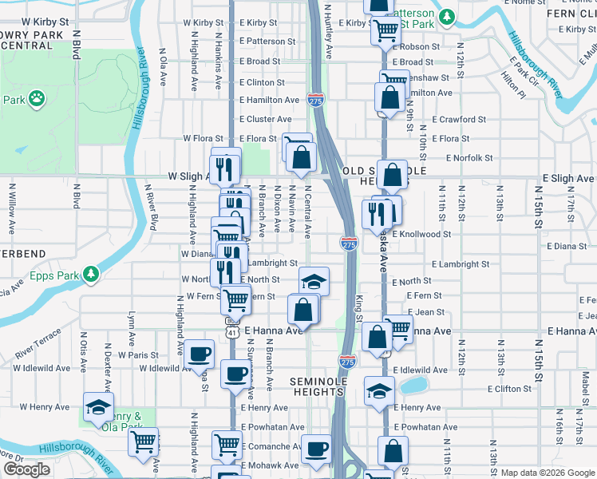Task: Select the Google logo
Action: coord(26,469)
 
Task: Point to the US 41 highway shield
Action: coord(230,331)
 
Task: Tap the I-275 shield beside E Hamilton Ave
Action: coord(314,100)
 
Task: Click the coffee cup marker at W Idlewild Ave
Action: coord(199,352)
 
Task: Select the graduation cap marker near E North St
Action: coord(314,280)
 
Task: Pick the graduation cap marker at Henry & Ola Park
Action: coord(99,406)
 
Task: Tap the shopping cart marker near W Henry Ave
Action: coord(143,441)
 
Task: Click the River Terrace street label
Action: coord(37,342)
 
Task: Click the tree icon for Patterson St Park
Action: coord(448,15)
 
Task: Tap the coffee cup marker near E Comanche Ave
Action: coord(316,449)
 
